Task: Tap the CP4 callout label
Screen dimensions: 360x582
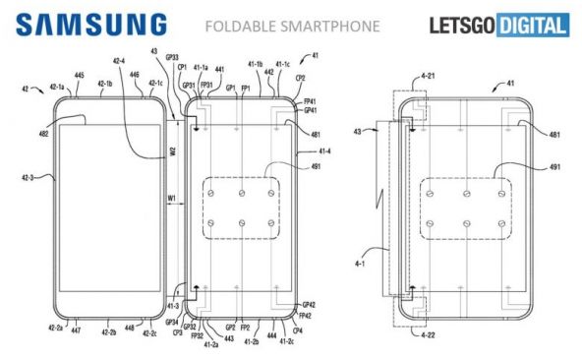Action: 299,331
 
